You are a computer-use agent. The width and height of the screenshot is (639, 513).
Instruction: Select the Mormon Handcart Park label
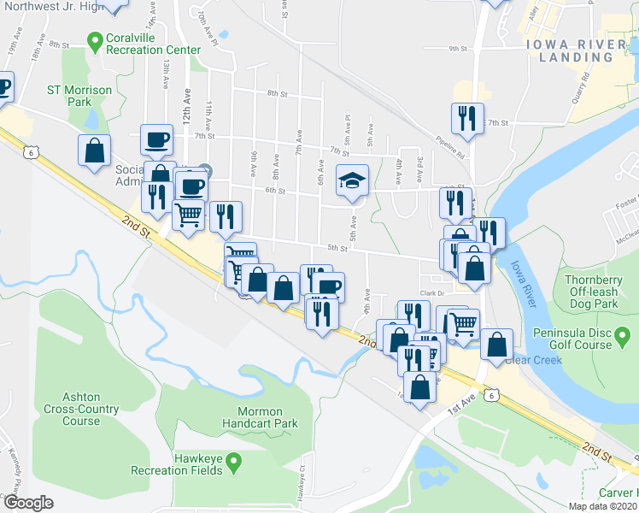coord(260,417)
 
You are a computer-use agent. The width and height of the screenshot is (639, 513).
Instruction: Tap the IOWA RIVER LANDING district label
coord(576,50)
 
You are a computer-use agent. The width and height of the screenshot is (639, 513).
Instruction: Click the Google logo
coord(28,503)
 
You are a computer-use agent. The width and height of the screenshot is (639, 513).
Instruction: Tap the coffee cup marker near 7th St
coord(157,139)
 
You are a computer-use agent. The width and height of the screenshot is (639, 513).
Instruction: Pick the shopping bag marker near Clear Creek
coord(496,345)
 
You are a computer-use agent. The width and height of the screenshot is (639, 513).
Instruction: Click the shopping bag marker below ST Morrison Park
coord(94,150)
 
